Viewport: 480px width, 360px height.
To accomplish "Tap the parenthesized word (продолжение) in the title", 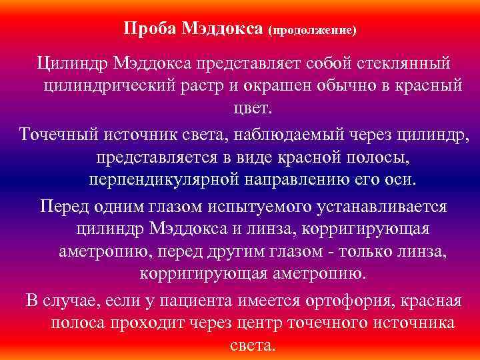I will tap(312, 31).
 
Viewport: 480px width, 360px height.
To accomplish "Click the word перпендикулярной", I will tap(164, 181).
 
